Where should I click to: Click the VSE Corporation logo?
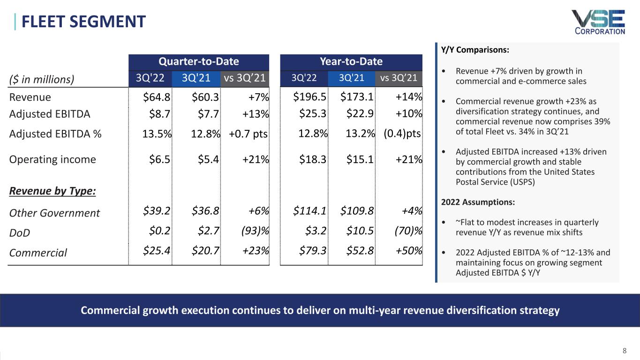click(x=598, y=22)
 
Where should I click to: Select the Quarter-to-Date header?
click(x=198, y=61)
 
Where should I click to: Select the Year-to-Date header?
click(x=351, y=61)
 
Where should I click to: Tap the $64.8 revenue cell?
click(x=157, y=97)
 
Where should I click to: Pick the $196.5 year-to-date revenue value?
click(x=309, y=97)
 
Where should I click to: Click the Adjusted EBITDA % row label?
click(x=55, y=134)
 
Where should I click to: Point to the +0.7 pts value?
click(x=248, y=134)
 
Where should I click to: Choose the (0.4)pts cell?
click(x=402, y=134)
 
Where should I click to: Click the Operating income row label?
click(x=53, y=159)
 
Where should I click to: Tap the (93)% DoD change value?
click(x=255, y=232)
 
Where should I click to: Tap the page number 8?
click(x=624, y=350)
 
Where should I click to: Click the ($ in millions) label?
click(x=42, y=79)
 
